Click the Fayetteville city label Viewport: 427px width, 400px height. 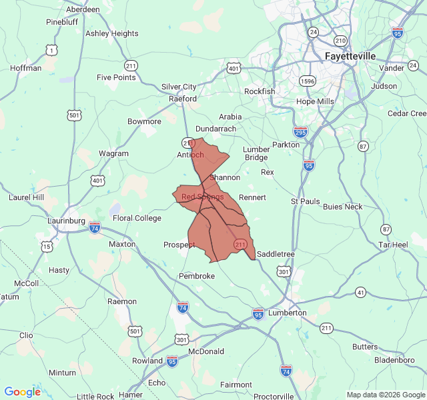(350, 56)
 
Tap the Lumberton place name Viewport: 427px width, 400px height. (287, 312)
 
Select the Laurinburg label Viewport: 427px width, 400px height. (66, 221)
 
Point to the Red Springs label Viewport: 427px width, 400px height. (202, 197)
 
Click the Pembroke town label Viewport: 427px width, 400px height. (197, 276)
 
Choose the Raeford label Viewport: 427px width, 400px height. (183, 99)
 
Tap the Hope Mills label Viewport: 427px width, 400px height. (315, 101)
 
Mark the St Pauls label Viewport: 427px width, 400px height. (305, 201)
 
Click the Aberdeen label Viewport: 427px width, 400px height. (83, 10)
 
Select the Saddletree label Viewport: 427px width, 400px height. (276, 254)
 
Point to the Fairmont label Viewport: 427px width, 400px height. (236, 385)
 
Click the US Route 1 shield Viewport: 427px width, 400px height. (51, 49)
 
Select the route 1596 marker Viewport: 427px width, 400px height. (308, 81)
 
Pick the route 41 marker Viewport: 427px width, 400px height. (360, 292)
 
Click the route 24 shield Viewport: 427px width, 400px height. (313, 32)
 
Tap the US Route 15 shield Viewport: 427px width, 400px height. (46, 247)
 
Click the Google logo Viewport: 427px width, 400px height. (22, 392)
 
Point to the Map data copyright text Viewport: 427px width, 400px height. (385, 395)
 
